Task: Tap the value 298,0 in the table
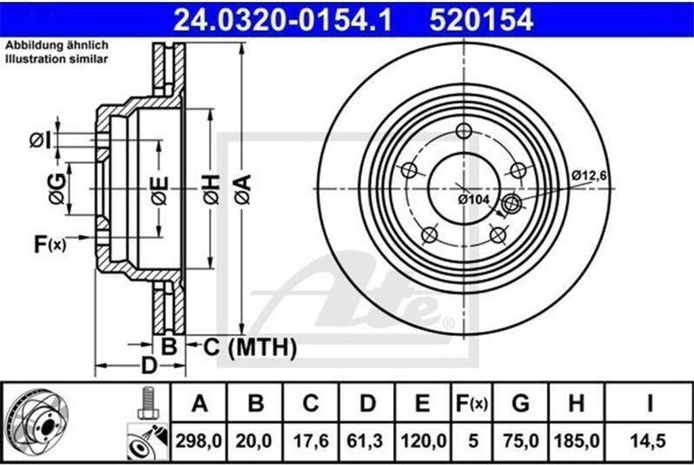tap(199, 441)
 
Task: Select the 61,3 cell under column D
tap(367, 441)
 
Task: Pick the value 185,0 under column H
tap(576, 441)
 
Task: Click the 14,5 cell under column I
tap(649, 441)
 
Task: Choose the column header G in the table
tap(520, 404)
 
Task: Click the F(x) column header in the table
tap(470, 404)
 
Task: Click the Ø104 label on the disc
tap(472, 199)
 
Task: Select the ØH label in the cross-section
tap(211, 189)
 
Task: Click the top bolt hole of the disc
tap(464, 131)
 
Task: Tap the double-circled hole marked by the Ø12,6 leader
tap(512, 203)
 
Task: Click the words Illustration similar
tap(57, 60)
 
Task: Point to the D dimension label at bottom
tap(149, 367)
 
